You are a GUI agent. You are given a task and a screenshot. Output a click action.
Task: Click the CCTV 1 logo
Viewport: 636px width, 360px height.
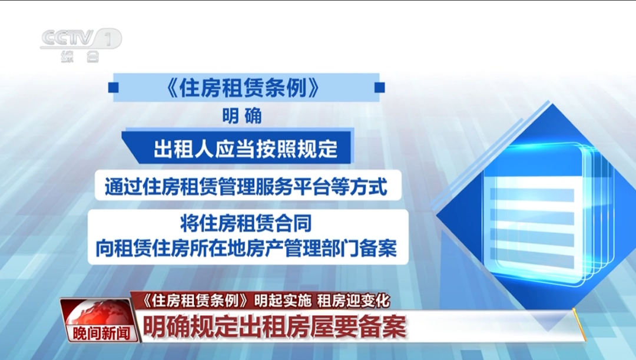[x=80, y=39]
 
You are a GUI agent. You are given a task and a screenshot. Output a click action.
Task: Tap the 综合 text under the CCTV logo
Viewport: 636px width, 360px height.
[x=80, y=58]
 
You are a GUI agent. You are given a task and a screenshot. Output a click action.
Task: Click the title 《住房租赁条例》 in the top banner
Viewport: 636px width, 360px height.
[x=243, y=88]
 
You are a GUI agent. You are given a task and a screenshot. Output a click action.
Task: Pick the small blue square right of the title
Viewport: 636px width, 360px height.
[x=380, y=88]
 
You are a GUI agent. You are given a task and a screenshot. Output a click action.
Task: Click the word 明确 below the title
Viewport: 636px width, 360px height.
[x=241, y=116]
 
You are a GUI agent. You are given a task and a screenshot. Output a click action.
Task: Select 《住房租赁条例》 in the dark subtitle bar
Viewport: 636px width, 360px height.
[x=194, y=300]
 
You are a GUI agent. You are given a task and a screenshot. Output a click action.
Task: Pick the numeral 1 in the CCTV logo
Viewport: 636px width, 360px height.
[x=108, y=38]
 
